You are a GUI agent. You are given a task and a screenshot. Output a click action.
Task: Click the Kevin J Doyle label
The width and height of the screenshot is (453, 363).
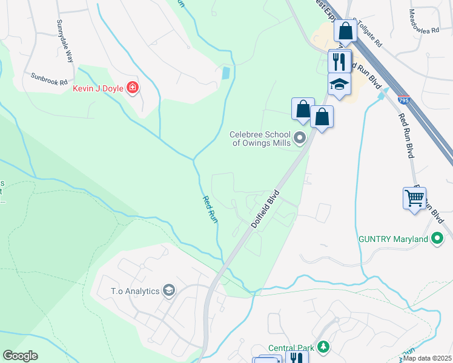[98, 88]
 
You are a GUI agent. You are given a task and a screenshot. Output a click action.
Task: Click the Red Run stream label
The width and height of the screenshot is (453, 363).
[209, 209]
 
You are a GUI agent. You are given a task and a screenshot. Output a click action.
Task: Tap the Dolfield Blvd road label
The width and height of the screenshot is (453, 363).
[265, 209]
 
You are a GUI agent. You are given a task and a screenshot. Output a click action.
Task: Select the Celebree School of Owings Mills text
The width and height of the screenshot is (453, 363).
[261, 139]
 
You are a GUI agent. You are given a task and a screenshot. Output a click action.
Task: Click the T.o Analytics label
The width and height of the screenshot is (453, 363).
[135, 291]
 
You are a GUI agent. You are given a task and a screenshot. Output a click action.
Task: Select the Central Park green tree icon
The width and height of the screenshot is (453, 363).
[325, 347]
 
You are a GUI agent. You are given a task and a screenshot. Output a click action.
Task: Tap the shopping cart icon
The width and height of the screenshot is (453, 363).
[414, 198]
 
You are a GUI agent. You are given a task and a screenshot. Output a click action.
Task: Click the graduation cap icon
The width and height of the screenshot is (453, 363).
[340, 85]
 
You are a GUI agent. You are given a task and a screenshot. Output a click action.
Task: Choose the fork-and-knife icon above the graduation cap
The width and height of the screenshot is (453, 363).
[339, 60]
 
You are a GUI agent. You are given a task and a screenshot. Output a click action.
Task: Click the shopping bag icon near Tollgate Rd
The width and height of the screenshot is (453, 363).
[345, 30]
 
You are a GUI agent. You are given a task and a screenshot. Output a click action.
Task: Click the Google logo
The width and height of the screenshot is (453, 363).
[20, 356]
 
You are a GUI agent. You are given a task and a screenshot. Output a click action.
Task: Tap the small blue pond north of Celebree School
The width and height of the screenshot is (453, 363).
[226, 73]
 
